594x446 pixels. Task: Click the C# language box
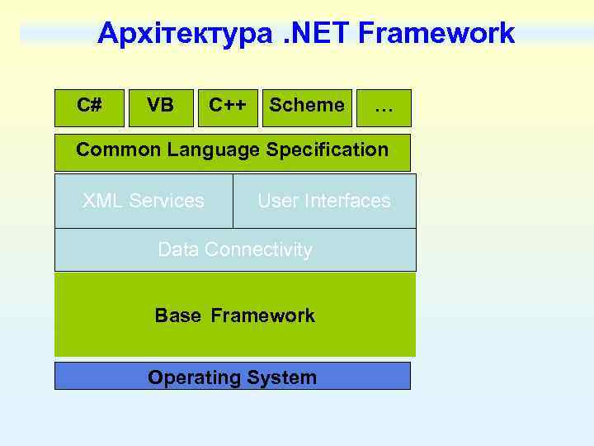(x=89, y=107)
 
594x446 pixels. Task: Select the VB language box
(x=160, y=107)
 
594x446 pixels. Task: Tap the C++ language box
(x=228, y=107)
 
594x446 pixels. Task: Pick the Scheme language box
(x=307, y=107)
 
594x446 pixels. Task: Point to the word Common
(x=118, y=150)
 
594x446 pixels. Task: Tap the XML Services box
(x=144, y=201)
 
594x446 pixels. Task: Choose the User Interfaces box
(x=324, y=201)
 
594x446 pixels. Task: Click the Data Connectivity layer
(x=235, y=249)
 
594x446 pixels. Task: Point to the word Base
(x=177, y=316)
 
